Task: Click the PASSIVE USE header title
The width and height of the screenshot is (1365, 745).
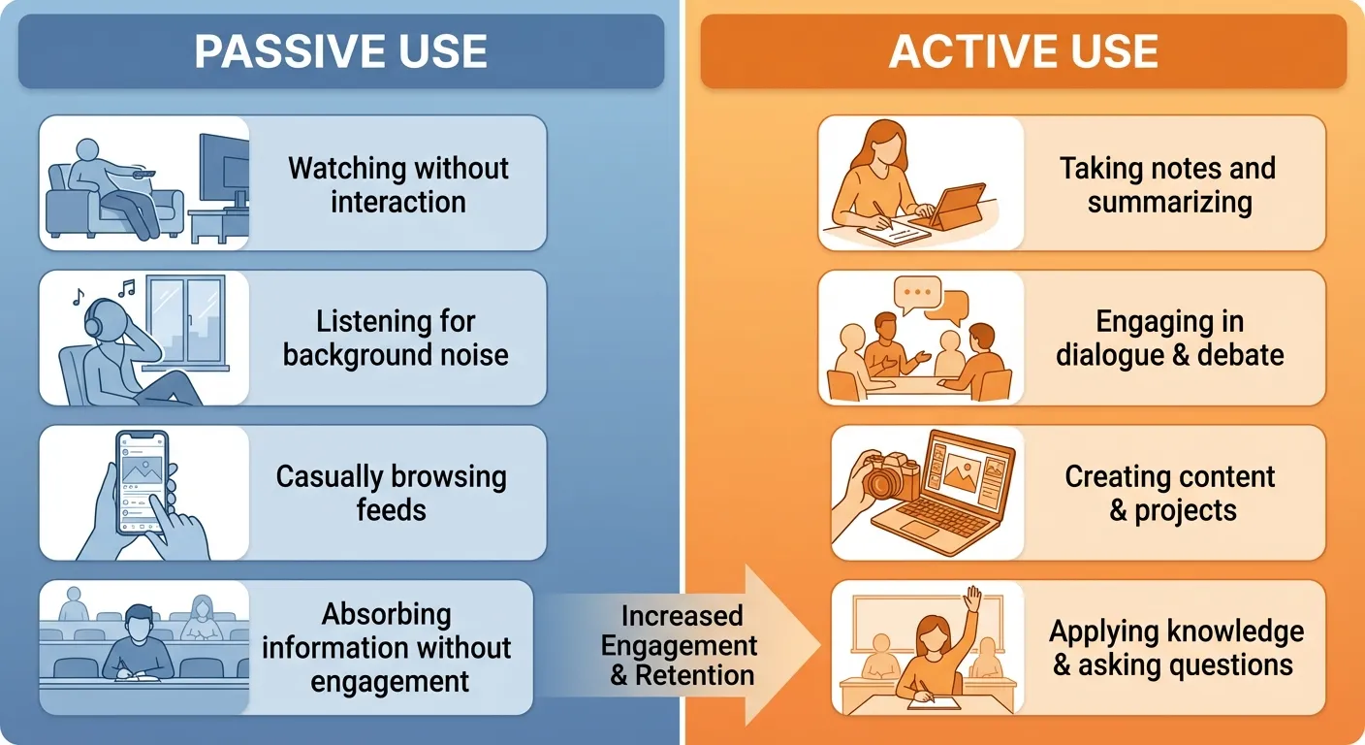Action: coord(340,52)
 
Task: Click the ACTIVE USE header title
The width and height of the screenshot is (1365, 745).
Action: coord(1023,52)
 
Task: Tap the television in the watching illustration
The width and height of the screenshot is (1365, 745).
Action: coord(223,171)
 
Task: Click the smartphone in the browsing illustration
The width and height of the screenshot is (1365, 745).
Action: coord(142,481)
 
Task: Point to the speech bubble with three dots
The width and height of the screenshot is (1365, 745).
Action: coord(916,291)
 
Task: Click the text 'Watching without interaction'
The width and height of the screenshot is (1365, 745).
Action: coord(397,184)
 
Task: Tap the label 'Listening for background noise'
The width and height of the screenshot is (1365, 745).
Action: coord(396,338)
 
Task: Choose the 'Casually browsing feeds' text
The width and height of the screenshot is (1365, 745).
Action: coord(391,493)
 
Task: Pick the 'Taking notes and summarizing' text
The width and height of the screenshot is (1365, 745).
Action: coord(1168,184)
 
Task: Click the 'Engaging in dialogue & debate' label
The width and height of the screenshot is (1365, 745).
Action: coord(1169,338)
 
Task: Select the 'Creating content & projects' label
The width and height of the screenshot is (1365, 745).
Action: coord(1170,493)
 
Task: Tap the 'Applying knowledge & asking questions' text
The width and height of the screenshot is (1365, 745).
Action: coord(1175,648)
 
